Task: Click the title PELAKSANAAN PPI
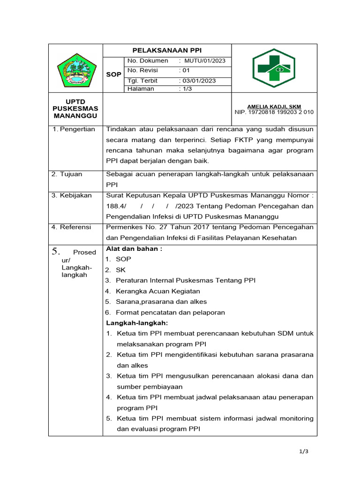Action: coord(167,51)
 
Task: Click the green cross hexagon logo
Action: coord(274,68)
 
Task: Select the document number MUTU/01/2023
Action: coord(205,61)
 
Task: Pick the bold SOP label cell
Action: coord(113,75)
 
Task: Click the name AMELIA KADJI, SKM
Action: coord(274,106)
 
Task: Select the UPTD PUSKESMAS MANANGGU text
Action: coord(75,109)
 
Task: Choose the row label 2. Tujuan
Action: coord(67,174)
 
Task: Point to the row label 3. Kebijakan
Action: coord(72,195)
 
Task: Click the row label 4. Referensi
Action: coord(72,227)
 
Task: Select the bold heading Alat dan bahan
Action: coord(134,249)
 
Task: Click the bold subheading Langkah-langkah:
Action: coord(137,323)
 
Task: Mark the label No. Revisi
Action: coord(143,71)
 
